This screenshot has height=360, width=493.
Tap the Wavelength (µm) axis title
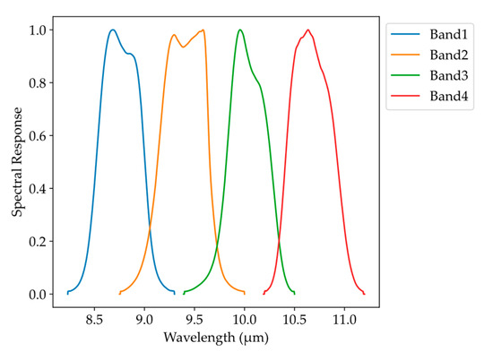pyautogui.click(x=215, y=339)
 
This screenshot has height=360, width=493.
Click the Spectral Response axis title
pyautogui.click(x=17, y=161)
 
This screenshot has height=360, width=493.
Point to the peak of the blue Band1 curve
pyautogui.click(x=113, y=30)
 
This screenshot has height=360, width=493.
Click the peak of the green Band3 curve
pyautogui.click(x=240, y=30)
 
